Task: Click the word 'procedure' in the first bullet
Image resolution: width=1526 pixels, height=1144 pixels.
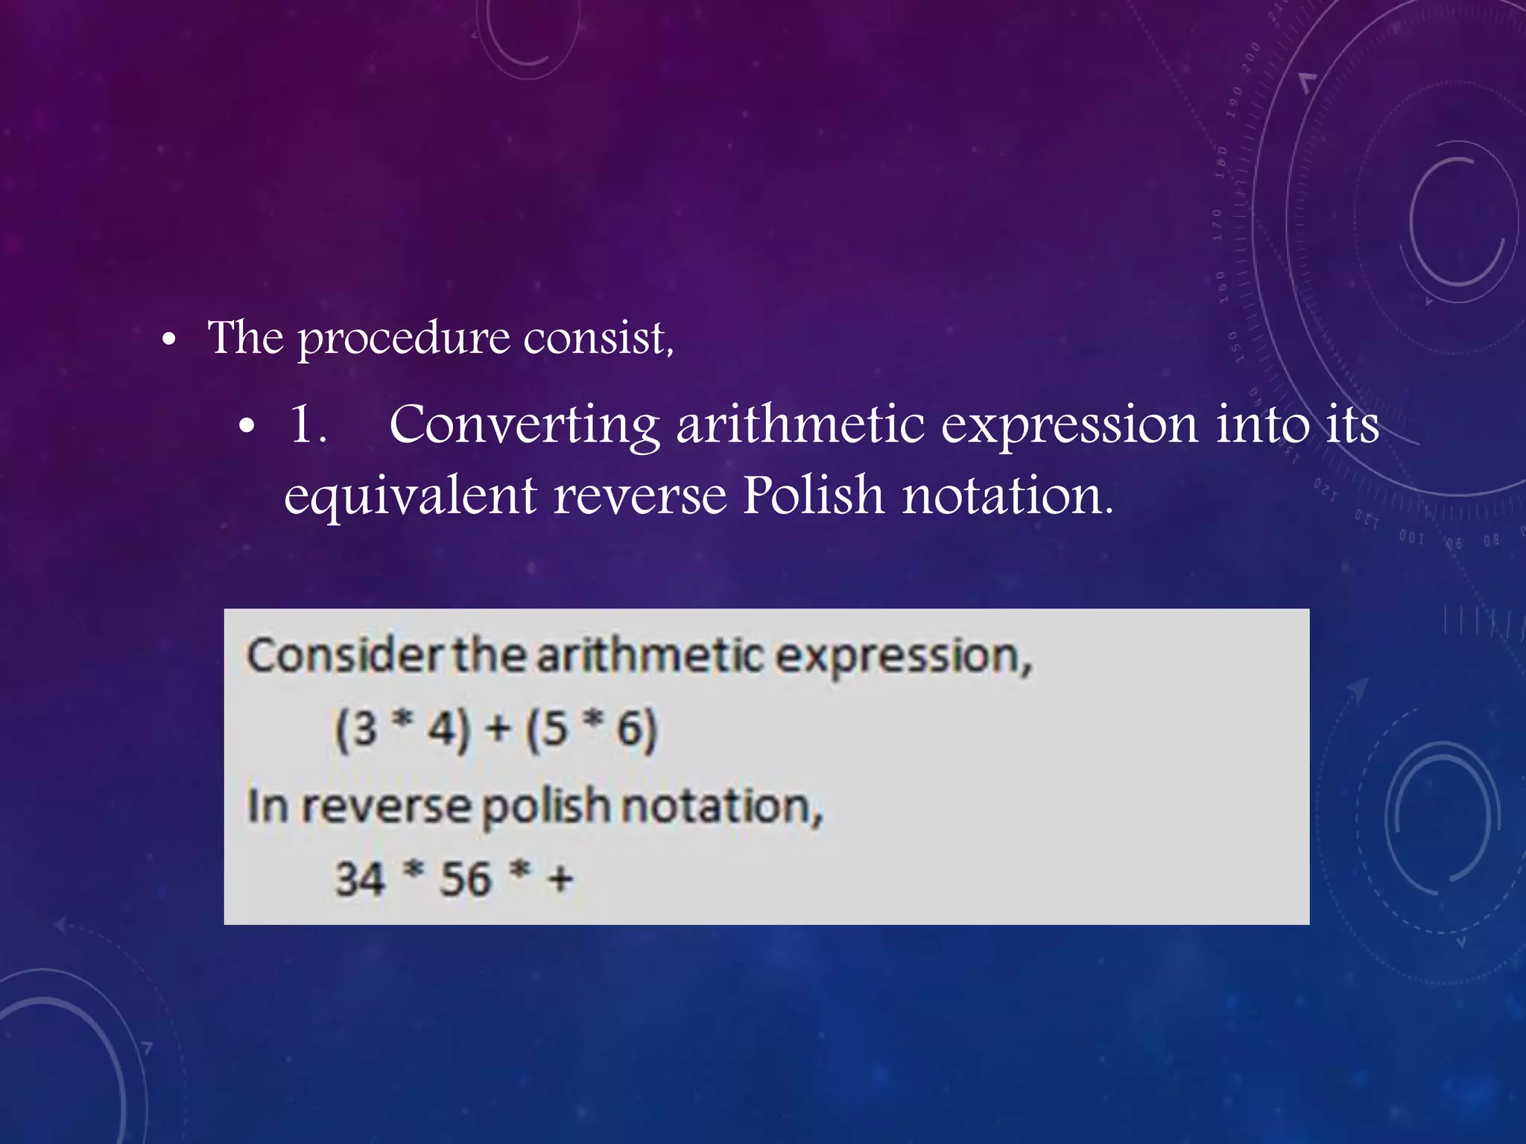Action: (x=403, y=340)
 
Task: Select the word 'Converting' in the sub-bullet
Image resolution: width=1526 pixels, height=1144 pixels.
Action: (x=524, y=425)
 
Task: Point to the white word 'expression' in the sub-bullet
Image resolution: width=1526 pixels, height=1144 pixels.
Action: (x=1069, y=427)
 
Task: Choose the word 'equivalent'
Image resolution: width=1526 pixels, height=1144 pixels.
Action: (x=410, y=496)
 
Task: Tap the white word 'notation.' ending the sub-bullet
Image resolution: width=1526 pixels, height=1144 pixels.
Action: (x=1008, y=496)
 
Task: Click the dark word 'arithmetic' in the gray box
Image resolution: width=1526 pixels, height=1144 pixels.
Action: (x=650, y=656)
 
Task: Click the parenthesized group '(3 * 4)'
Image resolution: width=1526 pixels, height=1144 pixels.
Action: (x=402, y=729)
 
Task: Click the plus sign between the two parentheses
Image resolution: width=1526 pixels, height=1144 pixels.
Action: (x=498, y=729)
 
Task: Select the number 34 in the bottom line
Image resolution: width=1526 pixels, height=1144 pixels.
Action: (x=360, y=879)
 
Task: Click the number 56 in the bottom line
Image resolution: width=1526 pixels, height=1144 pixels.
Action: (x=465, y=879)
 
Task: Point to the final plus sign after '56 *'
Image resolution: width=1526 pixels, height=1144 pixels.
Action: (x=560, y=880)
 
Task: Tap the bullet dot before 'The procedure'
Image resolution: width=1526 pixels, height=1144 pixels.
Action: (x=169, y=340)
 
